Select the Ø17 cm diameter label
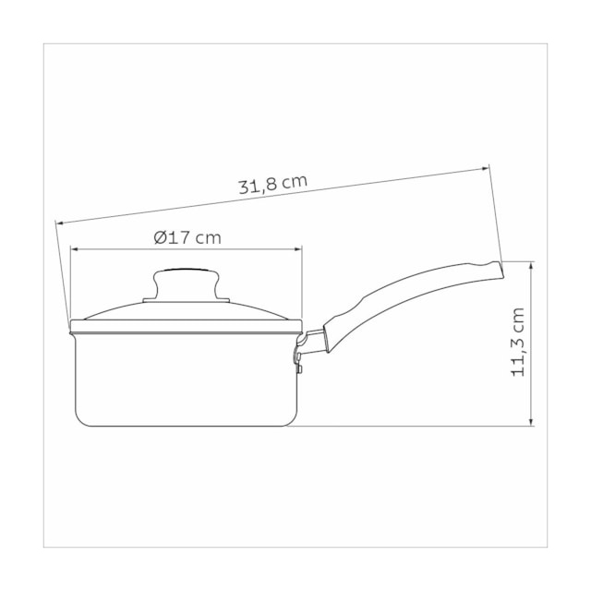coord(187,238)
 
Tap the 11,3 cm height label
coord(518,342)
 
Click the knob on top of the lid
coord(187,283)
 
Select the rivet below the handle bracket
coord(299,368)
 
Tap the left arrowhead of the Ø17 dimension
coord(74,249)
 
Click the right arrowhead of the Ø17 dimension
coord(298,249)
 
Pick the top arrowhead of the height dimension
coord(532,265)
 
